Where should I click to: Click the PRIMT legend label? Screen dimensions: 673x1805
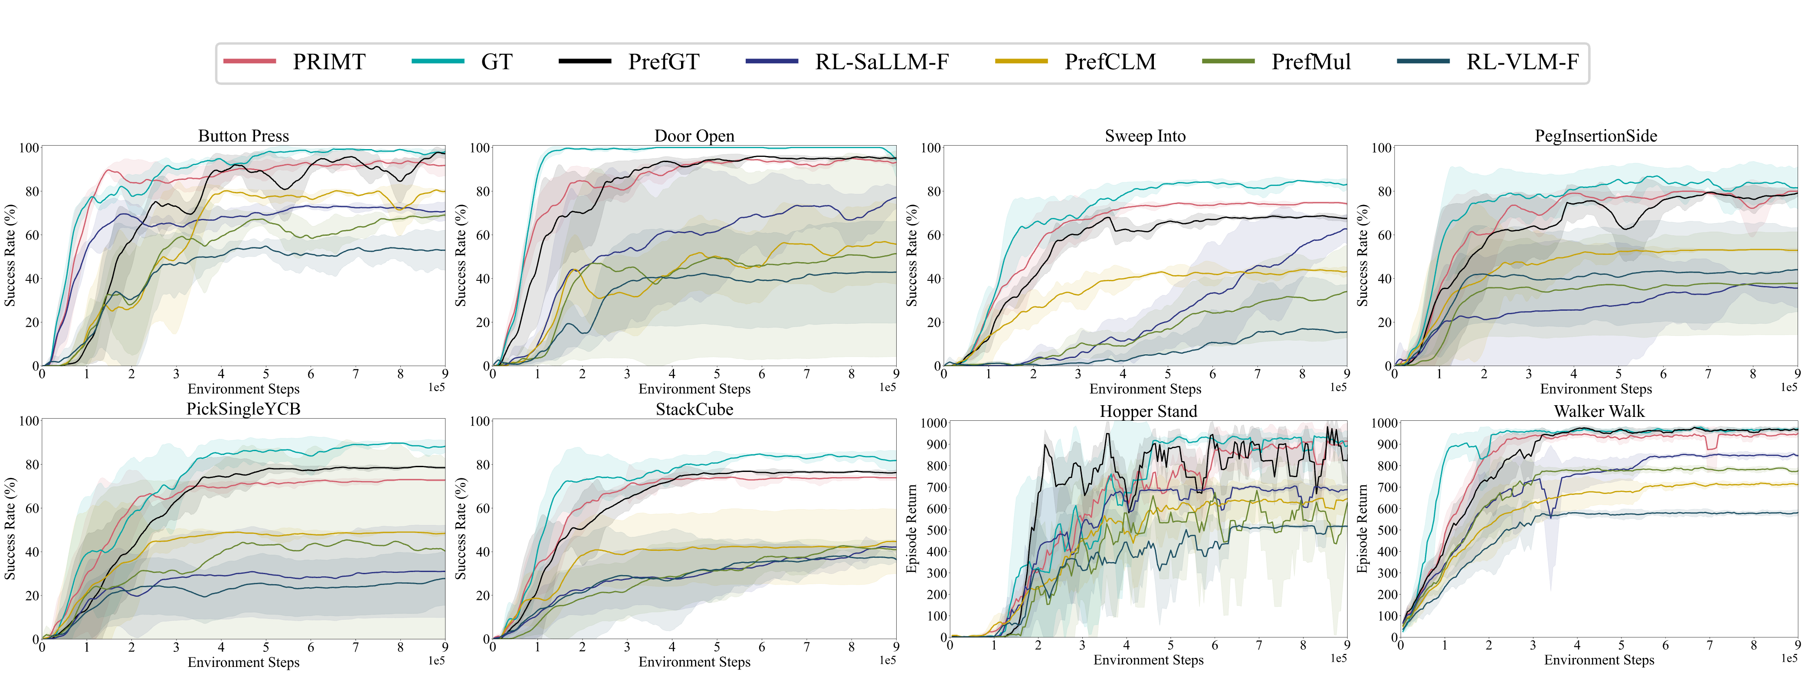329,62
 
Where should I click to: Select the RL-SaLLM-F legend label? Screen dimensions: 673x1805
881,62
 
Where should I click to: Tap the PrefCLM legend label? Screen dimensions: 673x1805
1110,62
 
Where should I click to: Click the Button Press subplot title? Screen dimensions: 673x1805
243,136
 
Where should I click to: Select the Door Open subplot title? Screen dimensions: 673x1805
694,136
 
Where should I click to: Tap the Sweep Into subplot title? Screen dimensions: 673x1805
1145,136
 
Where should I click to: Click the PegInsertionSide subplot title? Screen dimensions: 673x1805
1596,136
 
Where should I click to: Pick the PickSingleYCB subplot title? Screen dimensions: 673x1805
243,409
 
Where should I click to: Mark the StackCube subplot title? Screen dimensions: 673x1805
694,409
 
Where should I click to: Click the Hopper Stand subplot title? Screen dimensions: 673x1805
1148,411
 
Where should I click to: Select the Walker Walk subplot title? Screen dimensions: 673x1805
1599,411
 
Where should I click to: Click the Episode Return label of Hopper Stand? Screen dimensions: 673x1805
911,529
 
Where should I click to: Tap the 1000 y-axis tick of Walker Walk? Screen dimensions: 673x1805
1384,423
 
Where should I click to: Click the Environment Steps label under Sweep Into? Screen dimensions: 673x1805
1145,389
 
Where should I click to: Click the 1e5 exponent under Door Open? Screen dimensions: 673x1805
887,387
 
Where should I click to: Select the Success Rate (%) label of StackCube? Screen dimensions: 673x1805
460,529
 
